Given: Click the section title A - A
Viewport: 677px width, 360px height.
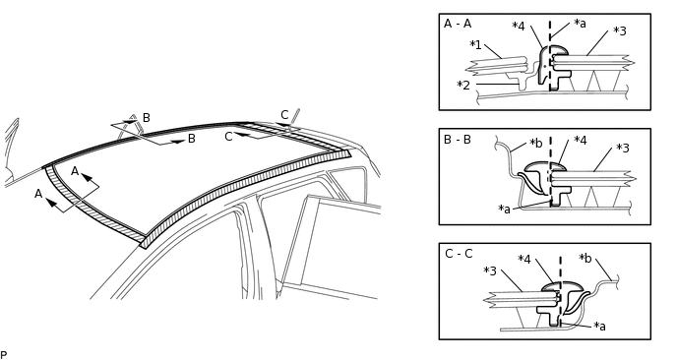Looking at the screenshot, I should coord(458,24).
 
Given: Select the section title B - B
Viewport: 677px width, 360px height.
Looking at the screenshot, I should coord(458,140).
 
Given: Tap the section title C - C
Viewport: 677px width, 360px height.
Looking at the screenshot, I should coord(459,254).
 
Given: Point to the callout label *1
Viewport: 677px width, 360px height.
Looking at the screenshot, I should coord(475,45).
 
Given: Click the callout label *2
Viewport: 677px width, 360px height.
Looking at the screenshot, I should coord(462,86).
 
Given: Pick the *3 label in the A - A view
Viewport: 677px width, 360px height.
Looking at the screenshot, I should coord(620,31).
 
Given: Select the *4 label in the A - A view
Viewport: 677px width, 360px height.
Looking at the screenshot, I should coord(519,27).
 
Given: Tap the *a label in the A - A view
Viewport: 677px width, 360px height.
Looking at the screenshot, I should coord(580,24).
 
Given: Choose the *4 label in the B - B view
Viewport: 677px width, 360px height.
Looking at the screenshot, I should coord(581,141).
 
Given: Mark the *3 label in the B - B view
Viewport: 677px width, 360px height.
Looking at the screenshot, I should coord(623,149).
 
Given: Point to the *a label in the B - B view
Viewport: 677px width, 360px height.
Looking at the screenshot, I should coord(505,209).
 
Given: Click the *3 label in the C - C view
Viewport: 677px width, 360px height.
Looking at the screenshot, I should coord(490,270).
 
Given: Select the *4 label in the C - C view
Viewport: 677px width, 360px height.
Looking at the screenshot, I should coord(524,260).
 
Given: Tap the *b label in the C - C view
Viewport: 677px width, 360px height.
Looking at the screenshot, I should coord(585,258).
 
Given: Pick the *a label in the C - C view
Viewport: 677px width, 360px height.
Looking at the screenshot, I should coord(600,326).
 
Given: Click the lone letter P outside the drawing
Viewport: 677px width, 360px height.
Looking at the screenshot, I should coord(4,355).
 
